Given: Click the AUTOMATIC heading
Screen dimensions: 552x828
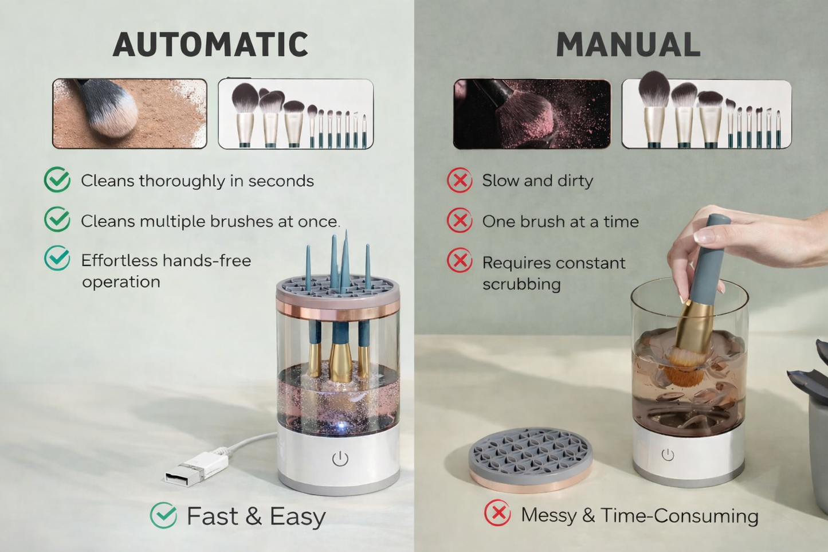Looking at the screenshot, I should coord(210,45).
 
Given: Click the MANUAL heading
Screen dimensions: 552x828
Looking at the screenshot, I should coord(628,45).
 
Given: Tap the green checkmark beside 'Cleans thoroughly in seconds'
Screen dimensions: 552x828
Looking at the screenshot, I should coord(57,180).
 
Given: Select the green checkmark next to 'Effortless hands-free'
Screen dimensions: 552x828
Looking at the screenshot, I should coord(57,259).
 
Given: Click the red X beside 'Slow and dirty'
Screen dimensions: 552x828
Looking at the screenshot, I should coord(460,181).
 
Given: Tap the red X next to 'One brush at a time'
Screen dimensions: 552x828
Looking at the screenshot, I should coord(460,221).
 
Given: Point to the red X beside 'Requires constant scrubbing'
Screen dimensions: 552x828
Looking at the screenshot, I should coord(460,261).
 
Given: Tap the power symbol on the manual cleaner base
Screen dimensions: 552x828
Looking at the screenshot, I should coord(668,455).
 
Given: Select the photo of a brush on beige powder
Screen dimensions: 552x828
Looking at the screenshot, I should coord(130,113).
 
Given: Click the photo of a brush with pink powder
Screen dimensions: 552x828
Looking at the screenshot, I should coord(532,113).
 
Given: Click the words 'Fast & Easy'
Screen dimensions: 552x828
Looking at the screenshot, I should coord(256,516).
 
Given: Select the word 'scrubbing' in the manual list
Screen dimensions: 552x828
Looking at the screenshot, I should coord(521,284).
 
